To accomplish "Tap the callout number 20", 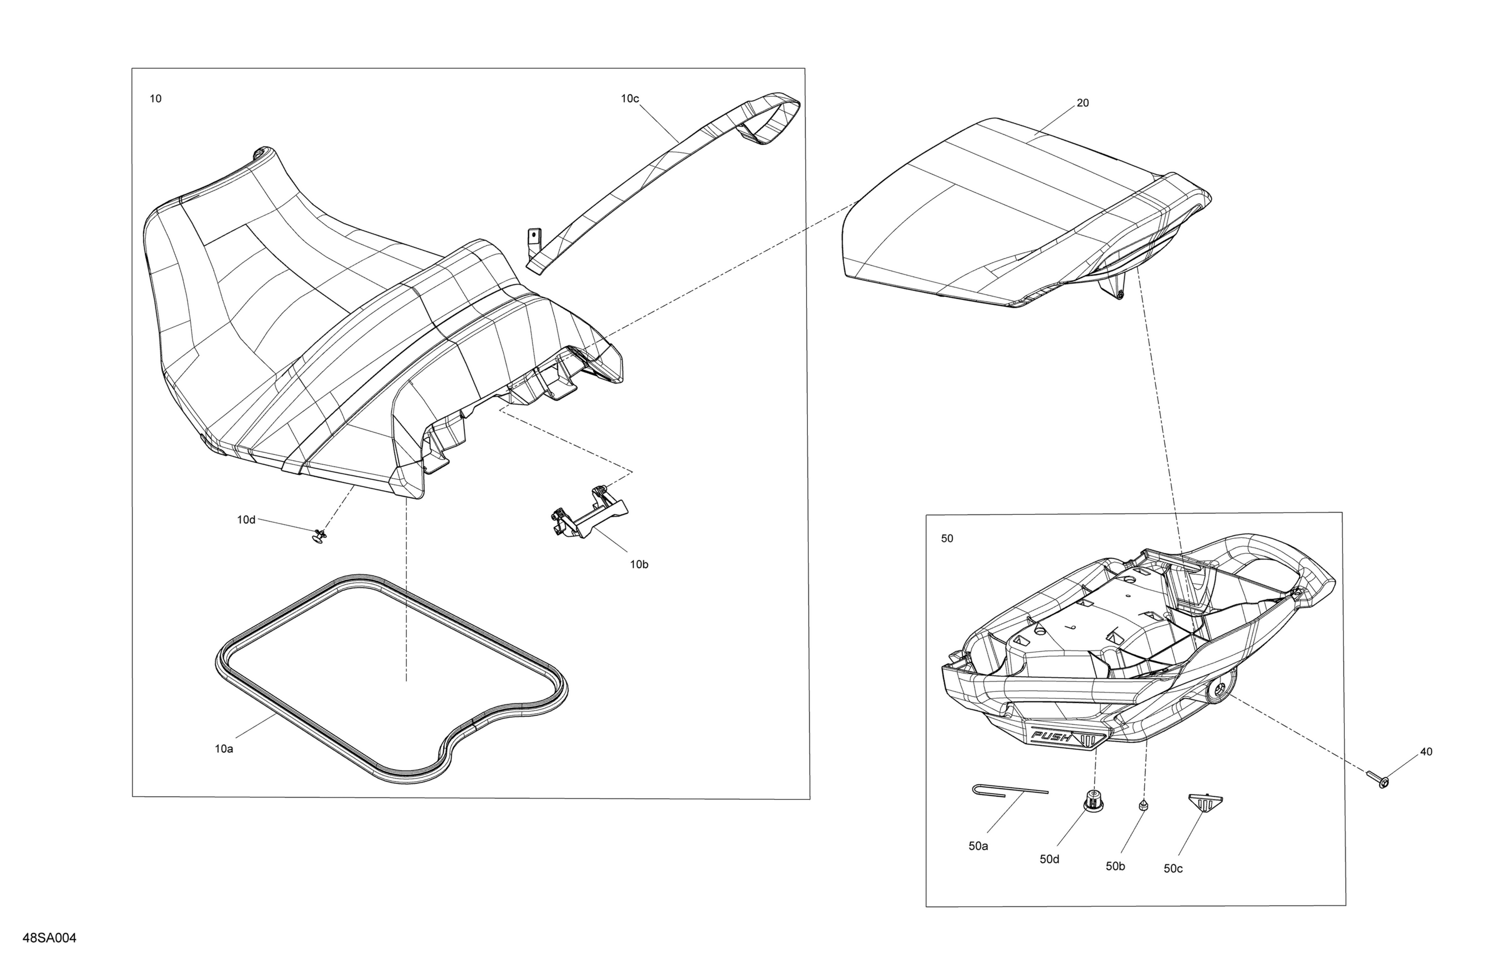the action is [x=1083, y=103].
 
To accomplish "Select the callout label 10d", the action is [x=246, y=520].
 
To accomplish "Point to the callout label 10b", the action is [x=639, y=564].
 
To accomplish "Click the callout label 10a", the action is [x=224, y=749].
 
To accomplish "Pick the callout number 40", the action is [x=1426, y=752].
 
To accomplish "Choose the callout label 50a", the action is [x=978, y=846].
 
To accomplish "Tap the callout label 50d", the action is [x=1050, y=859].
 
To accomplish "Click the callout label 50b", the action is [x=1116, y=866].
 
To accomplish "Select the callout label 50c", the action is [x=1173, y=868].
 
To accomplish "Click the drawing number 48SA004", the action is [x=50, y=938].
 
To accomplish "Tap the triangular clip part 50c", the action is [x=1205, y=803].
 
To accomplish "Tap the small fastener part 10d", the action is [x=320, y=536].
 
